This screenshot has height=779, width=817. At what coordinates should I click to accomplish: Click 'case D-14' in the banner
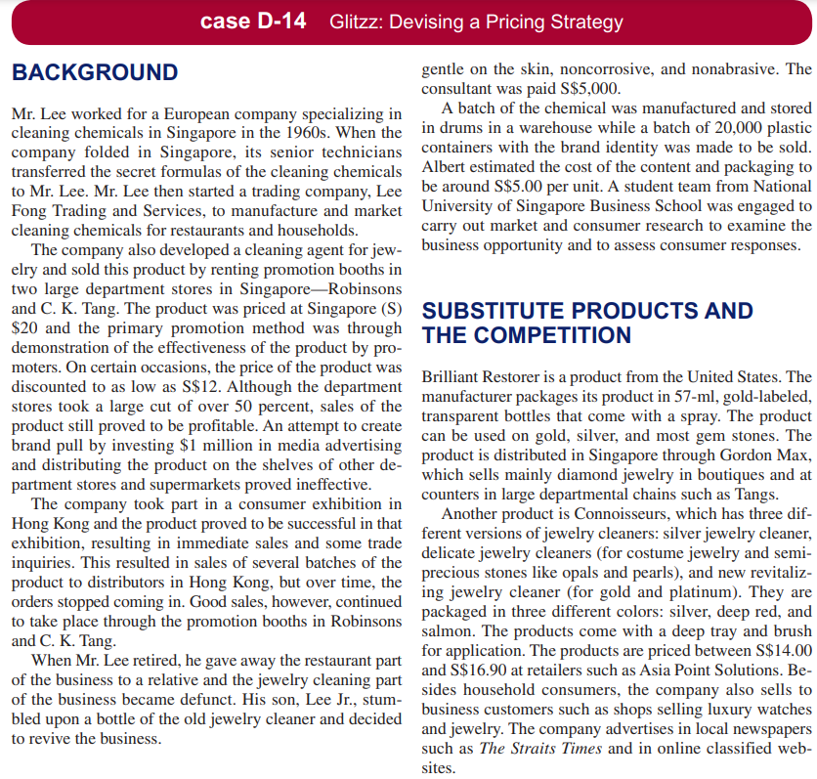[x=249, y=22]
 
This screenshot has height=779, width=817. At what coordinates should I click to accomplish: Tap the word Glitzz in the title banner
[x=358, y=22]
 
